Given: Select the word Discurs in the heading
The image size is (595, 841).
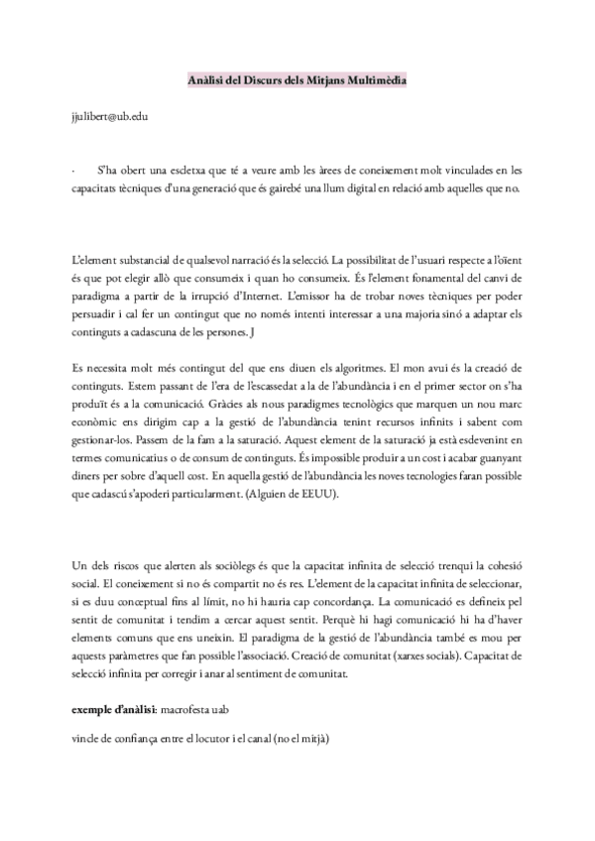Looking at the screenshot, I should pyautogui.click(x=246, y=79).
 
